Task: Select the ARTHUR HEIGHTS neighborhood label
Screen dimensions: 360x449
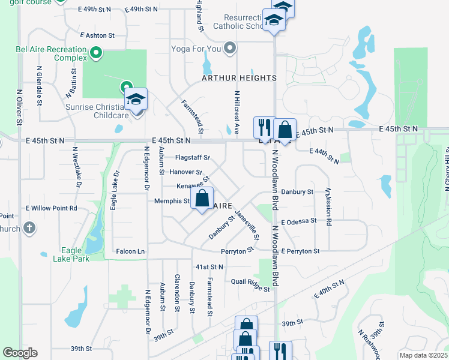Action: tap(239, 78)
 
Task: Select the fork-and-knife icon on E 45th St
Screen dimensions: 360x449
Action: tap(263, 127)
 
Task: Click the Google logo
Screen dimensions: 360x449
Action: tap(20, 353)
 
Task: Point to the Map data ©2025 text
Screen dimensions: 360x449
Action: tap(423, 355)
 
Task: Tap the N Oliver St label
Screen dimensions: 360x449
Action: tap(19, 108)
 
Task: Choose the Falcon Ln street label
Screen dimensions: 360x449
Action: tap(130, 251)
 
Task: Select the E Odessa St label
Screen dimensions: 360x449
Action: tap(298, 221)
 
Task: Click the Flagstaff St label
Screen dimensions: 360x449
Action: tap(192, 158)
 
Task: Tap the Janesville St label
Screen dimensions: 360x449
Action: tap(247, 226)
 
